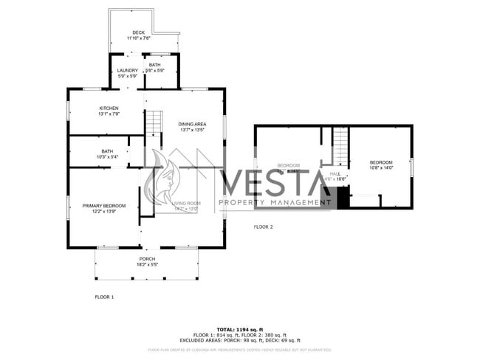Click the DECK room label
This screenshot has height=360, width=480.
[139, 33]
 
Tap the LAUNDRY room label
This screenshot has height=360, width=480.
[128, 71]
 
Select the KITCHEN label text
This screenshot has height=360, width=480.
[109, 108]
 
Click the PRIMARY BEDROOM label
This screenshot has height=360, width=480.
[104, 206]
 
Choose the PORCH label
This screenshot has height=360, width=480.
[148, 259]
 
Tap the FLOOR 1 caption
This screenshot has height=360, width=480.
[104, 297]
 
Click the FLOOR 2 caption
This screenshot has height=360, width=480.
[264, 226]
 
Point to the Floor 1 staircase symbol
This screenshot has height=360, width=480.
[153, 122]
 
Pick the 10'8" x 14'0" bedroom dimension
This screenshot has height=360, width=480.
[381, 167]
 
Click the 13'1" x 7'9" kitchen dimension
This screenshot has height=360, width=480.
[109, 114]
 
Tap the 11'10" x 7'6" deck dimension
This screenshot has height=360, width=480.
[139, 38]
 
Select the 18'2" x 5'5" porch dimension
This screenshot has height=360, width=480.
[148, 264]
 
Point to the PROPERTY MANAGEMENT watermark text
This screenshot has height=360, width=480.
[275, 202]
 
